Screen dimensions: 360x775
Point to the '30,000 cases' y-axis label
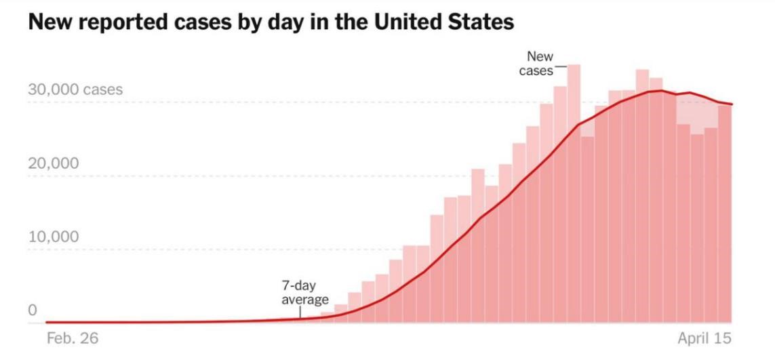click(75, 90)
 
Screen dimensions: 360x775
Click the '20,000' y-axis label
click(53, 163)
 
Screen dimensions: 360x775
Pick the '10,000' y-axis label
click(53, 237)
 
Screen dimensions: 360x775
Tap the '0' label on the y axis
click(32, 311)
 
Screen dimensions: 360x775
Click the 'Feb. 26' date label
click(72, 338)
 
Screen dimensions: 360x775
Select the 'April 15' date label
click(705, 338)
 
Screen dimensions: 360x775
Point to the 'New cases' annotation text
click(538, 64)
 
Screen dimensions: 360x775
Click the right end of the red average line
click(731, 104)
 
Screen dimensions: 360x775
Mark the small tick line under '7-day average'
click(300, 312)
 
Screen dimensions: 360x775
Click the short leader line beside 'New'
click(561, 67)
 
